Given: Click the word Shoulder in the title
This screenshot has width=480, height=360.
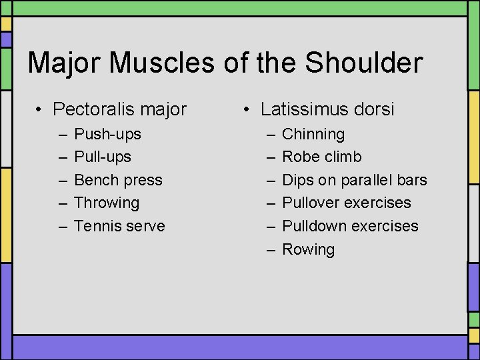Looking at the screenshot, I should coord(364,63).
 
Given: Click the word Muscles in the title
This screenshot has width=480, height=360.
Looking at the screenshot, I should coord(159,63).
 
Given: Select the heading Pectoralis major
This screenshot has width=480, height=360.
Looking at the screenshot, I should coord(119,109).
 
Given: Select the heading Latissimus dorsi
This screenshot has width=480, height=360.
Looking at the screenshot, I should coord(327,109).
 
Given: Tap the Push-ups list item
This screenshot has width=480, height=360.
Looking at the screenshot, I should coord(107,134).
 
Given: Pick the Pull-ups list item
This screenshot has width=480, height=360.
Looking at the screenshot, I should coord(103,157).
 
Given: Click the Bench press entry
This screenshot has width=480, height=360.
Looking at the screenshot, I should coord(118,180).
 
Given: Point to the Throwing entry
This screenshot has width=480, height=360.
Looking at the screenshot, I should coord(107,203).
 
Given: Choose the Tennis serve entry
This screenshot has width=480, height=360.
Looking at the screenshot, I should coord(119,226).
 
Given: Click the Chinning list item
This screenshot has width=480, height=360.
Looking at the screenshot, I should coord(313,134).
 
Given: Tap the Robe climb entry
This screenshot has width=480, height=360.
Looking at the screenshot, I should coord(322,157).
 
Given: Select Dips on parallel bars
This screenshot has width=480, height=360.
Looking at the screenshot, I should coord(354,180).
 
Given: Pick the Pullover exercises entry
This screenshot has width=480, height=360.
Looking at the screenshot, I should coord(347,203).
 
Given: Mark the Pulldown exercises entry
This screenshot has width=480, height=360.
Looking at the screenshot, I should coord(350,226).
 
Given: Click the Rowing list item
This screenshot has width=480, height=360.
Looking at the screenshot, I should coord(308,249).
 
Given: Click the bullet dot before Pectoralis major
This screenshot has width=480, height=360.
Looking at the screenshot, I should coord(41,109).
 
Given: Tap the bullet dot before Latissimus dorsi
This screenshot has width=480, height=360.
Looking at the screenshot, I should coord(249,109).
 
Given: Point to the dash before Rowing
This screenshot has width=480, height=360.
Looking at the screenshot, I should coord(271,250).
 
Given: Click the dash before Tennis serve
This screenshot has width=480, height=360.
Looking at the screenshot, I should coord(63,227).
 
